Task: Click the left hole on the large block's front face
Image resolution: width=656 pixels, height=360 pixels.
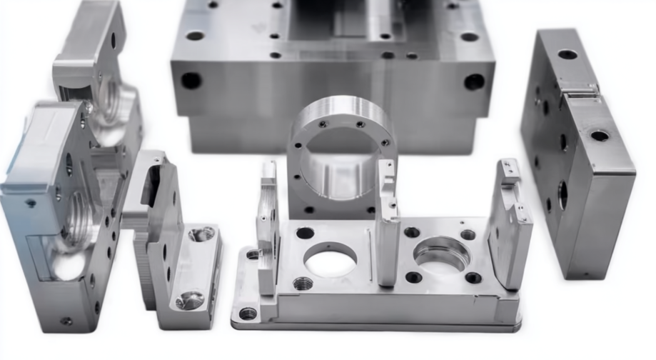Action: coord(191,80)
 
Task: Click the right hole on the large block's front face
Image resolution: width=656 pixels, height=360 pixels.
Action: coord(473,81)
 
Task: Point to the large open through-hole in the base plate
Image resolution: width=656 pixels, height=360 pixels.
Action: coord(330,260)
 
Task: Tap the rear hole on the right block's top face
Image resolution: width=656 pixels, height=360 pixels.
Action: coord(567,54)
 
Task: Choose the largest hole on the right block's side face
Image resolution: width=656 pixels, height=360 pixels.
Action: coord(563,194)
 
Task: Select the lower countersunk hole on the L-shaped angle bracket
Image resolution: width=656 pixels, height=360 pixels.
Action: coord(190,300)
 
